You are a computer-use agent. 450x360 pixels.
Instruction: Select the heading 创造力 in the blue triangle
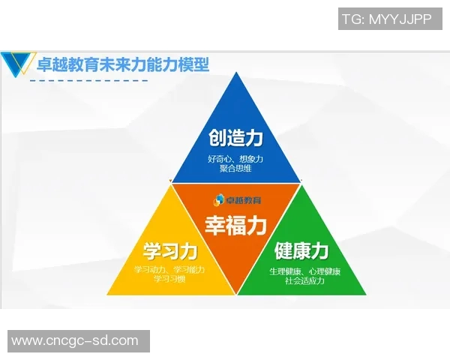[x=236, y=139]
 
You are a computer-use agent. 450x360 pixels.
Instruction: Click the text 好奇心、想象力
[x=235, y=159]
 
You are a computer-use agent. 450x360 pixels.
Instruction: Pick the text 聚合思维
[x=235, y=169]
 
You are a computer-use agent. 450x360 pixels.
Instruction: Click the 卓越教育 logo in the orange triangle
[x=235, y=199]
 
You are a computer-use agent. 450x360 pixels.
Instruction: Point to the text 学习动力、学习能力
[x=169, y=269]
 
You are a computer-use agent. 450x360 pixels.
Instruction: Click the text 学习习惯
[x=169, y=279]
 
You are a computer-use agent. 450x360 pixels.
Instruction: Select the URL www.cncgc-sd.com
[x=75, y=341]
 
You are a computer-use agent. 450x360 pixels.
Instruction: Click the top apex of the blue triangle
[x=235, y=73]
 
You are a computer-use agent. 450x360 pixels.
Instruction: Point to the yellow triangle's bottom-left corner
[x=108, y=293]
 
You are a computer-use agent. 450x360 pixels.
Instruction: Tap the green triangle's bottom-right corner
[x=366, y=293]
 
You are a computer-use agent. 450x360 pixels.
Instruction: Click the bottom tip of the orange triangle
[x=236, y=292]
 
